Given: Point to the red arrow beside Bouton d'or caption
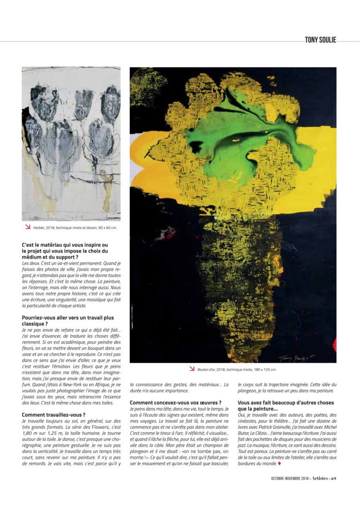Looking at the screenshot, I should [192, 369].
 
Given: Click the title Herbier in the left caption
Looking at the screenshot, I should [39, 227].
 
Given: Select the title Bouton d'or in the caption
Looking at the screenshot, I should [206, 369].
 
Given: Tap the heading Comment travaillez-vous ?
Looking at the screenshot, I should [53, 415].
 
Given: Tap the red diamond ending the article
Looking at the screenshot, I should [280, 464].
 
